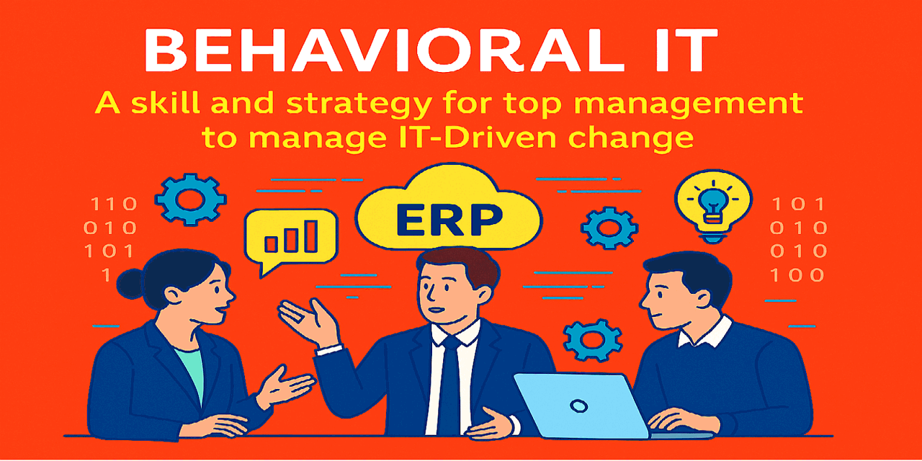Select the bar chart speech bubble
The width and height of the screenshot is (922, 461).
(291, 238)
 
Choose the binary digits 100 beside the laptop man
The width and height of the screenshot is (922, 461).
(797, 274)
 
